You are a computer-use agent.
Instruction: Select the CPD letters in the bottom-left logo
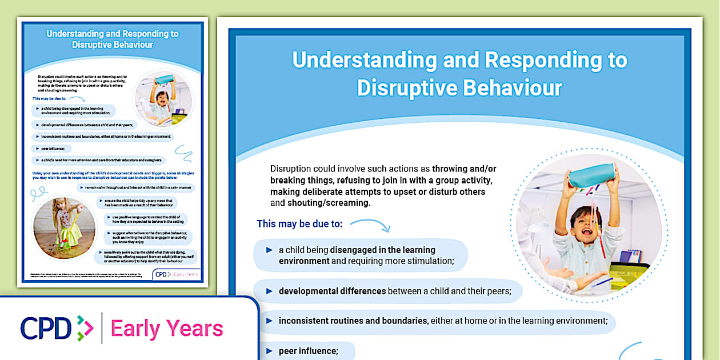[46, 328]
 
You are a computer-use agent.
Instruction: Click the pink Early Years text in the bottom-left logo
[167, 329]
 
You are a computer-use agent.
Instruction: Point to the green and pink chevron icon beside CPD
[85, 328]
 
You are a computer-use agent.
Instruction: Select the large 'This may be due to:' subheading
[299, 223]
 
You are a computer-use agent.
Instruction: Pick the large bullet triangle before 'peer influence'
[269, 350]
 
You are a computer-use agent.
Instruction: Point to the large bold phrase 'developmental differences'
[332, 291]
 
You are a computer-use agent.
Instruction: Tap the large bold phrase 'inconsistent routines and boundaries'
[353, 321]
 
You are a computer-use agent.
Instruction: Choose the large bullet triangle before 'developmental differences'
[269, 291]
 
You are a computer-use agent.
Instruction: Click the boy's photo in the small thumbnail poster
[164, 98]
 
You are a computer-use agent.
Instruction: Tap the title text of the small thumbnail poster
[113, 39]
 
